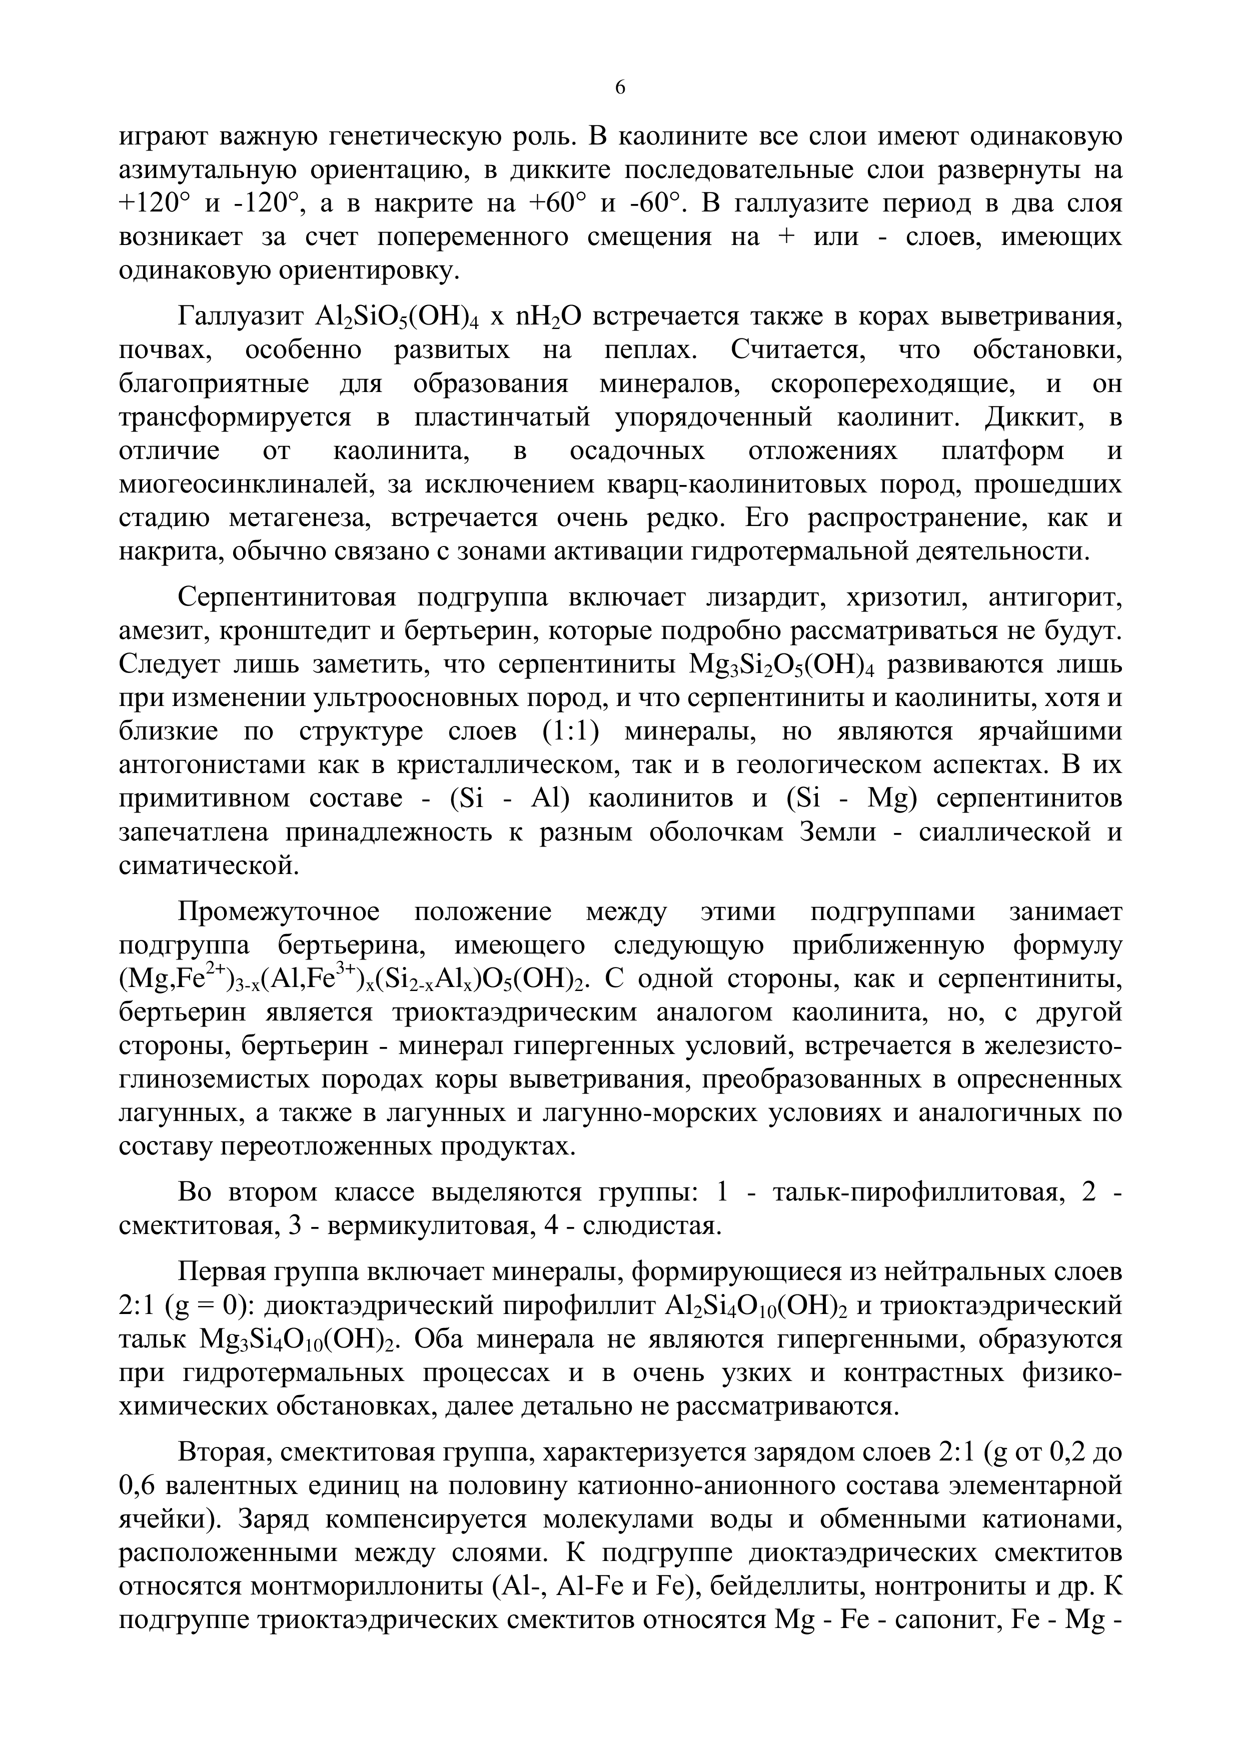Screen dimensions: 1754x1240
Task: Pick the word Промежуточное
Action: coord(279,912)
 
